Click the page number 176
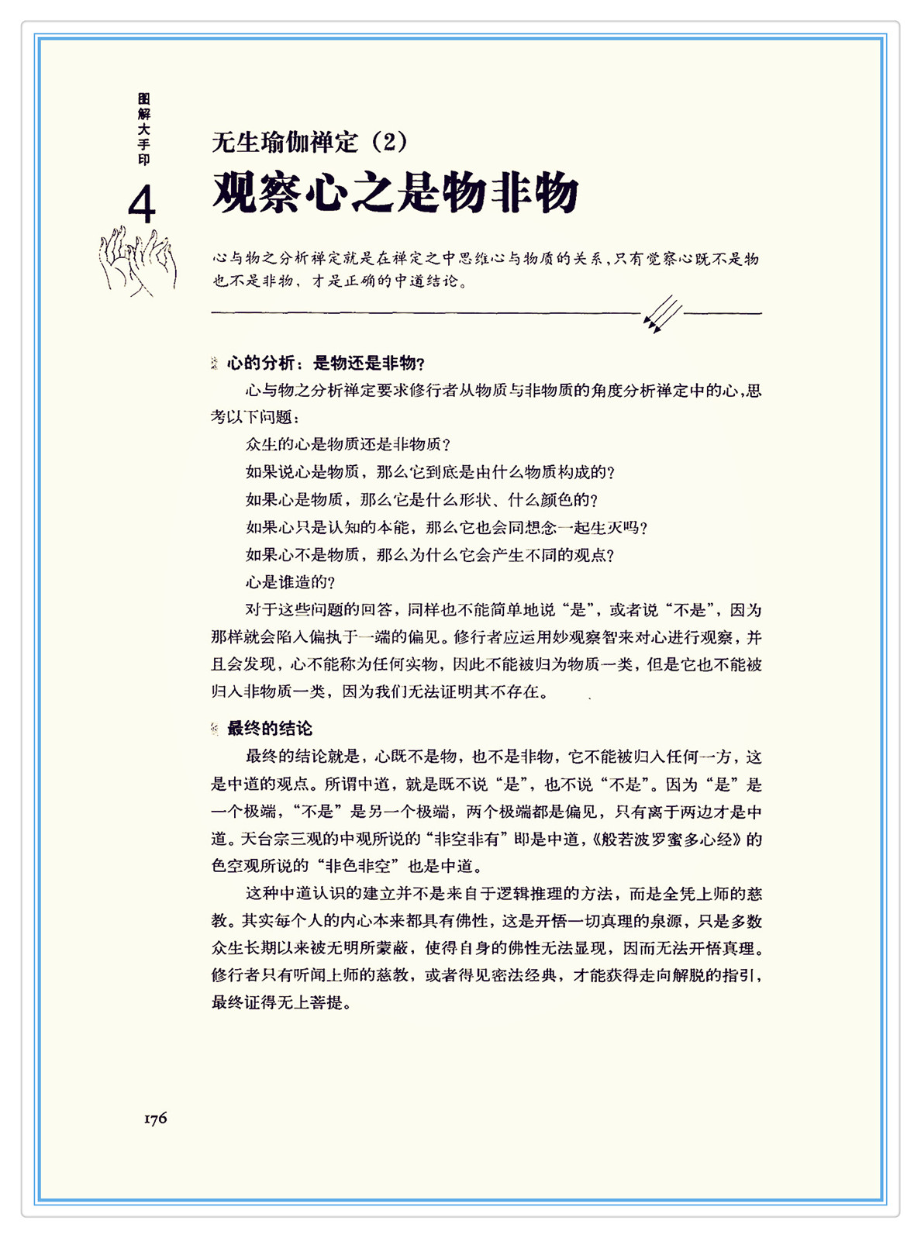point(155,1118)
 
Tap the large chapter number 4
point(142,205)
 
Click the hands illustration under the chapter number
point(137,262)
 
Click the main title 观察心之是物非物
point(395,192)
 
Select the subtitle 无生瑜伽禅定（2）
point(309,142)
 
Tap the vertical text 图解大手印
point(143,129)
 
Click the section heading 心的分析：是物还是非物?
point(326,363)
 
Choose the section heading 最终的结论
point(269,729)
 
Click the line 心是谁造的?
point(291,582)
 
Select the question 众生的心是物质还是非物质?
point(348,444)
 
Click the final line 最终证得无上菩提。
point(282,1002)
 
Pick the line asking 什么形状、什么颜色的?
point(422,500)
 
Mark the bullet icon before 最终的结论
point(215,729)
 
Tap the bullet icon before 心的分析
point(215,363)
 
